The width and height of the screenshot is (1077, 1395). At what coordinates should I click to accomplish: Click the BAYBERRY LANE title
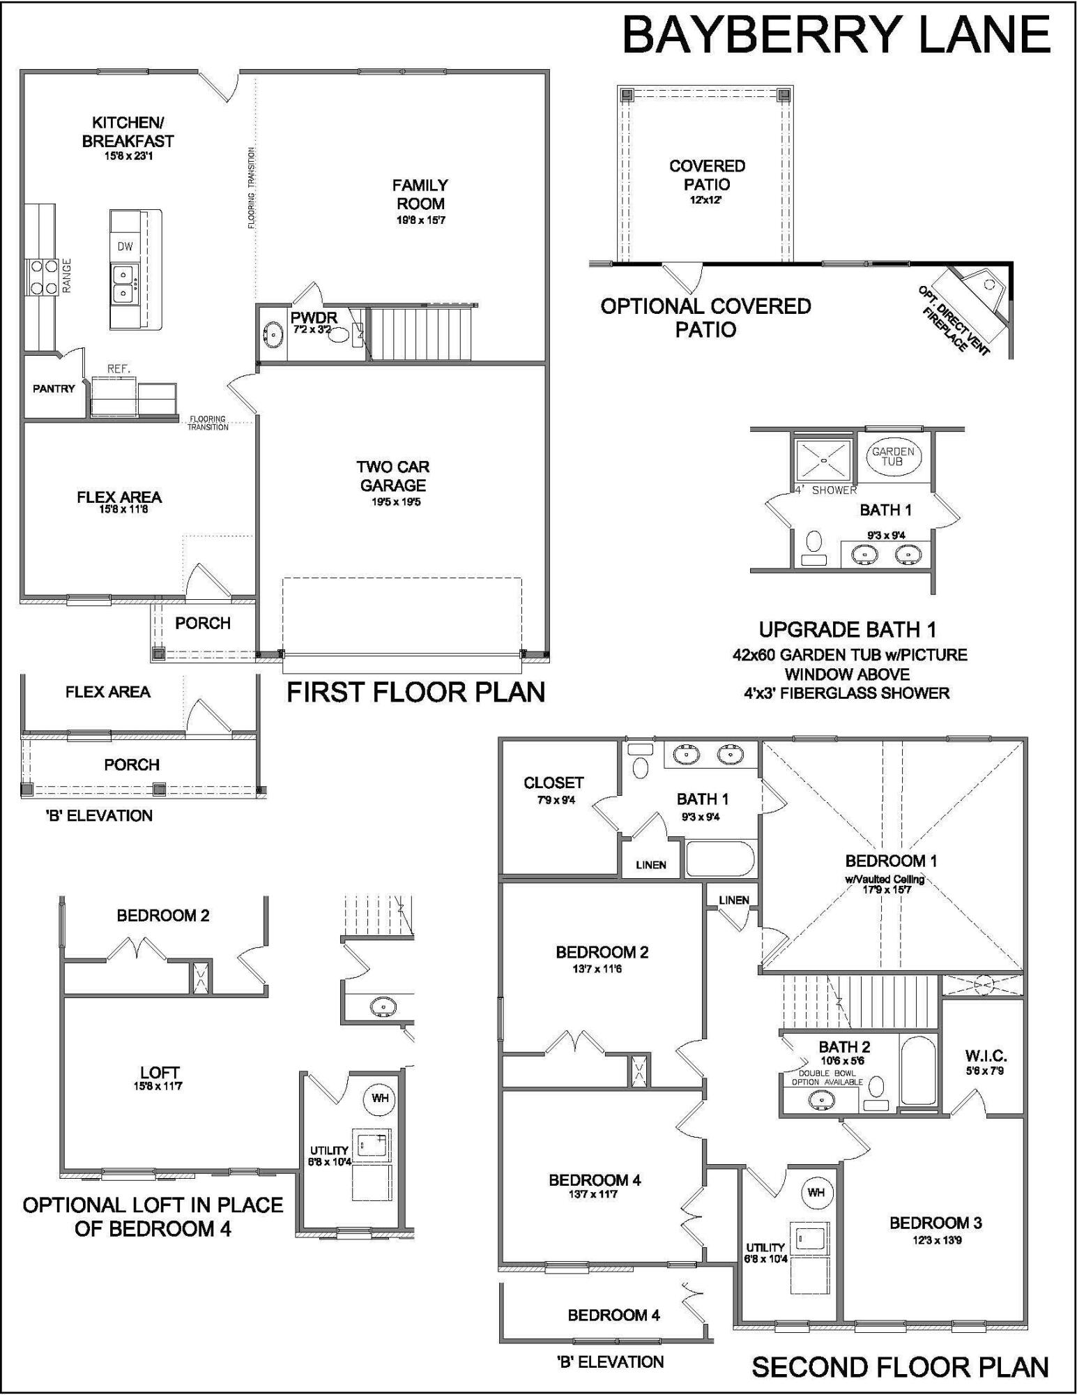(x=836, y=35)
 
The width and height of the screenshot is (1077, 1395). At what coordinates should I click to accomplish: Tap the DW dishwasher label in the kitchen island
(x=125, y=246)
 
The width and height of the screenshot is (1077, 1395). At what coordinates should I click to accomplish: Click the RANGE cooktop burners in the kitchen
(x=43, y=276)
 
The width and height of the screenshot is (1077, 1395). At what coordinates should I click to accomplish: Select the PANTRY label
(x=54, y=389)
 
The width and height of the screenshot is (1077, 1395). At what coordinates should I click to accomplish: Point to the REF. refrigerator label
(x=119, y=368)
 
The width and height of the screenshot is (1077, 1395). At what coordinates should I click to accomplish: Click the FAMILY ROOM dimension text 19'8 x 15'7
(x=420, y=220)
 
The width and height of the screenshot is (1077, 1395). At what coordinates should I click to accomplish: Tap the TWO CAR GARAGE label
(x=394, y=476)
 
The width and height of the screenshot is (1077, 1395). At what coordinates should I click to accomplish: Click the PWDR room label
(x=314, y=318)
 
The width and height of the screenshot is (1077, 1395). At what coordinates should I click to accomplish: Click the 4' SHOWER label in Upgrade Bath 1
(x=826, y=490)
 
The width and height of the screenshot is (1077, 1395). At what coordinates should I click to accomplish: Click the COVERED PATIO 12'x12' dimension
(x=706, y=200)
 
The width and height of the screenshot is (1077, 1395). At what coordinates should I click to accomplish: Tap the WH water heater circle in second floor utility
(x=816, y=1193)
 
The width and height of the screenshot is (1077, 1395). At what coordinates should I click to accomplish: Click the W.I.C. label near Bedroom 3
(x=985, y=1056)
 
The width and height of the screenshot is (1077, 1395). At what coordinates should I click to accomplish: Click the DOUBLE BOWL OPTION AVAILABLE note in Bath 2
(x=827, y=1078)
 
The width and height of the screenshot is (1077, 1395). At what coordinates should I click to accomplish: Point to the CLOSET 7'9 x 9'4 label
(x=553, y=783)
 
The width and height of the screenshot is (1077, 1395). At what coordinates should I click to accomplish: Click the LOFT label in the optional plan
(x=160, y=1073)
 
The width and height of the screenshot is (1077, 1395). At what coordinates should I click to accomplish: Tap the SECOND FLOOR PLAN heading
(x=900, y=1367)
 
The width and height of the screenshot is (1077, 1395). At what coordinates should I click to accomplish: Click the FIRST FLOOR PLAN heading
(x=416, y=692)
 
